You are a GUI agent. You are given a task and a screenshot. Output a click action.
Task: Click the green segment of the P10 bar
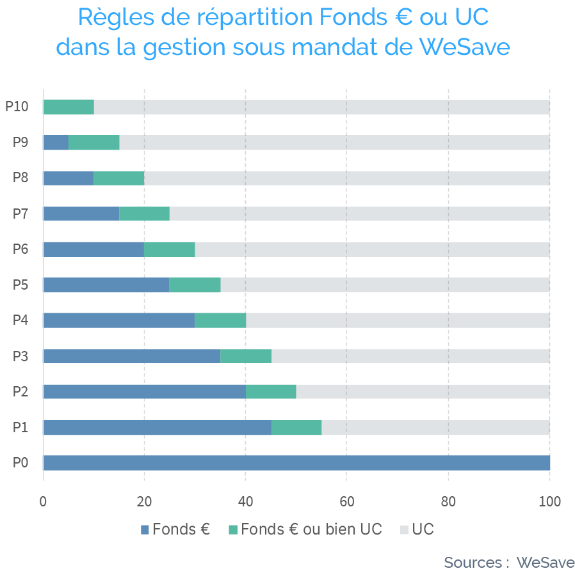coord(69,107)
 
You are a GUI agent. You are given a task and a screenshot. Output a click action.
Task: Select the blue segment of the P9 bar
coord(56,143)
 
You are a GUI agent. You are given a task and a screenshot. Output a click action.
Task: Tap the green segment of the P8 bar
coord(119,178)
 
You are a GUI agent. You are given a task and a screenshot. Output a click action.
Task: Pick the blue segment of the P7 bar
coord(81,214)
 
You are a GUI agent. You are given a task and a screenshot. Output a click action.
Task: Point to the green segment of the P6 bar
coord(170,249)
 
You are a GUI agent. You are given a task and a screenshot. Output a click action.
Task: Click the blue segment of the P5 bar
coord(106,285)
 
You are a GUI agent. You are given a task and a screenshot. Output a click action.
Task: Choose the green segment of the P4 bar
coord(220,320)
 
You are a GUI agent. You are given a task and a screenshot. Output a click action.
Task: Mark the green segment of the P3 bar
coord(246,356)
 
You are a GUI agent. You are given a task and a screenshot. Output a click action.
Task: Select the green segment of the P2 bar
coord(271,391)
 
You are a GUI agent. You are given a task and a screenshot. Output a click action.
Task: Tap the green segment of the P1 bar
coord(296,427)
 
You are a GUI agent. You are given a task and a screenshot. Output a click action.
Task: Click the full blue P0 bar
coord(296,463)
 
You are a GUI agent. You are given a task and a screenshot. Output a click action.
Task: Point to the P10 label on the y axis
coord(17,107)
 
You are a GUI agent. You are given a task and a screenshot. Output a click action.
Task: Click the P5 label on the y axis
coord(20,285)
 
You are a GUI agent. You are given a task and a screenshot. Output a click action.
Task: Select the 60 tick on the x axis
coord(346,502)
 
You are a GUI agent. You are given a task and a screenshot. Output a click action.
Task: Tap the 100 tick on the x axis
coord(549,502)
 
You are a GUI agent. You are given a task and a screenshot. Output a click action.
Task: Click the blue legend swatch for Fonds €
coord(145,530)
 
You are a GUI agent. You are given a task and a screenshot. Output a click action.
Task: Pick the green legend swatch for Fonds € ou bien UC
coord(233,530)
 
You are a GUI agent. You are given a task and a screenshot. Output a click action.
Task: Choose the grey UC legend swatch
coord(404,530)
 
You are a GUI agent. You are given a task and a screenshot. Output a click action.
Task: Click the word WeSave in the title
coord(464,47)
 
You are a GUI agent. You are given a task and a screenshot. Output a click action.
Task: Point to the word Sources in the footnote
coord(473,563)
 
